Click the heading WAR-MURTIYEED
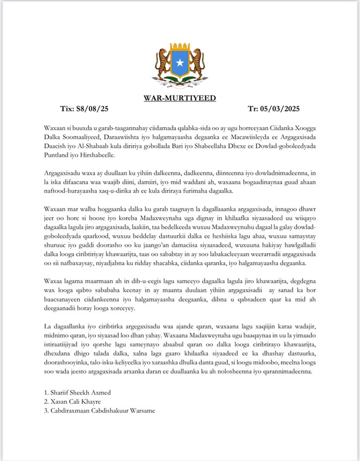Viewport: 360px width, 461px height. pos(180,98)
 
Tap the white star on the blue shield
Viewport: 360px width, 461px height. pos(179,63)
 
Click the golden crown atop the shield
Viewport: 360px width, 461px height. pos(179,48)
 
